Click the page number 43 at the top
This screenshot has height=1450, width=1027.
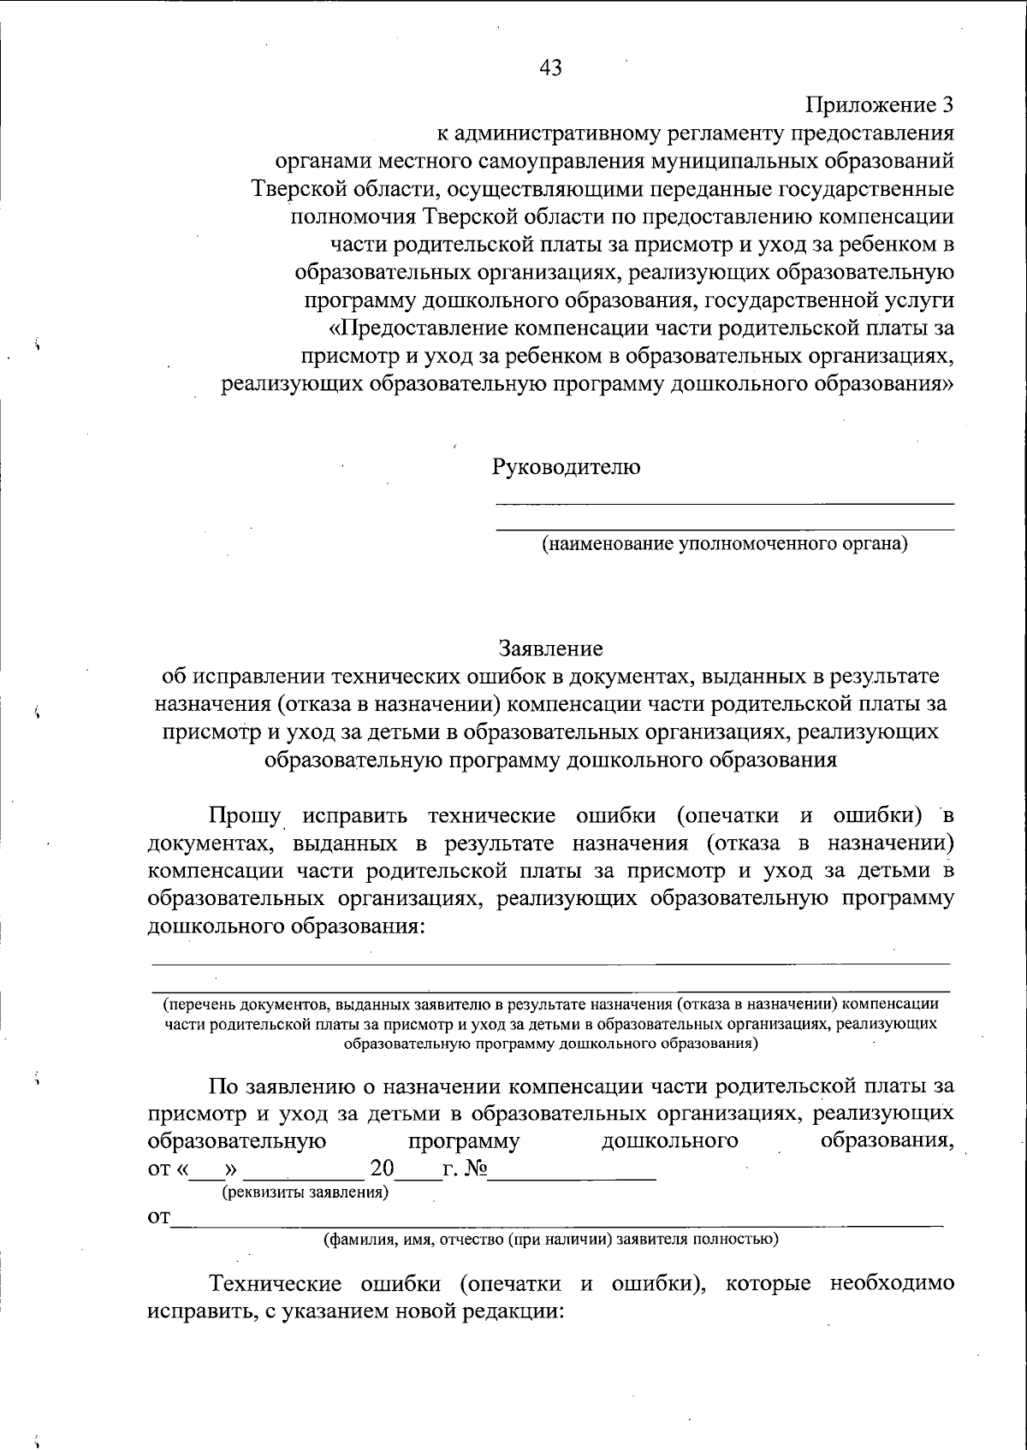(551, 68)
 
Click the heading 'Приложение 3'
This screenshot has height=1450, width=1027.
(880, 105)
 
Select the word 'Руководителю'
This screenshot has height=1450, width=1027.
(566, 467)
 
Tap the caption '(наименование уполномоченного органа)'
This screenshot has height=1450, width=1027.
(724, 543)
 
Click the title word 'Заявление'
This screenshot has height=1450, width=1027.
(551, 648)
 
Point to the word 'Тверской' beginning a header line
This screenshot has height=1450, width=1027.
(294, 188)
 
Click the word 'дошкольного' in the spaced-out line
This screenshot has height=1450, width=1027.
(670, 1141)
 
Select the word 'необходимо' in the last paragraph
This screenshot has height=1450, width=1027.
(892, 1284)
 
